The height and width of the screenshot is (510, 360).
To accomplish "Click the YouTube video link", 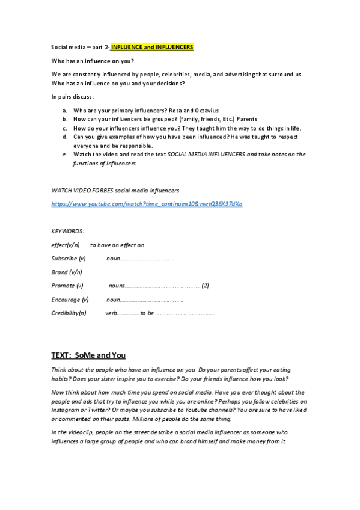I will (147, 204).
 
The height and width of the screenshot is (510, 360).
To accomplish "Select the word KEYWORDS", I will (68, 231).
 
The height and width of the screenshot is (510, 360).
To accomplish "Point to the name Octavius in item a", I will (206, 111).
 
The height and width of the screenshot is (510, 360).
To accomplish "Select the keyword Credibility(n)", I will (69, 313).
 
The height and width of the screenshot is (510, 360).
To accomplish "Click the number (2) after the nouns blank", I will (205, 286).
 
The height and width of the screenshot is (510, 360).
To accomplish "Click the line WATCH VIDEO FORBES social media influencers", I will (115, 191).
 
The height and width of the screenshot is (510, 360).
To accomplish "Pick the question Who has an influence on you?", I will (93, 61).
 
